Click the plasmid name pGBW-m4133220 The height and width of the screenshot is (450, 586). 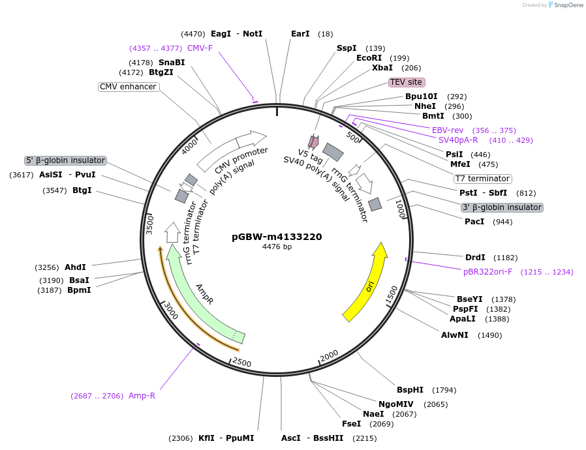click(x=277, y=237)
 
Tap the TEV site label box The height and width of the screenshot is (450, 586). click(x=407, y=82)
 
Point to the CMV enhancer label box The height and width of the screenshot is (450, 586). click(x=129, y=87)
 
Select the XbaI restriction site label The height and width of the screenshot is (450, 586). click(x=382, y=68)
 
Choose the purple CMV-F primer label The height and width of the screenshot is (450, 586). click(x=200, y=48)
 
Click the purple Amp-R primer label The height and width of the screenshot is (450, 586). click(x=142, y=396)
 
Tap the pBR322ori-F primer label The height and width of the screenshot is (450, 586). click(x=487, y=272)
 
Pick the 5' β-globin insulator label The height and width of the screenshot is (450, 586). click(x=65, y=160)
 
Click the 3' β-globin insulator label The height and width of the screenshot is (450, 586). click(x=502, y=207)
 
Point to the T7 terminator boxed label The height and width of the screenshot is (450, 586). click(x=483, y=179)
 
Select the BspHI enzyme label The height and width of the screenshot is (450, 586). click(x=410, y=390)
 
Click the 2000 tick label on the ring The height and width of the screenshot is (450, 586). click(x=328, y=355)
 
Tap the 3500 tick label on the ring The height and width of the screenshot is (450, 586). click(x=149, y=223)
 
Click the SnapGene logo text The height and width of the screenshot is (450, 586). click(x=568, y=5)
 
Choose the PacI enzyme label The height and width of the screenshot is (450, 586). click(x=474, y=222)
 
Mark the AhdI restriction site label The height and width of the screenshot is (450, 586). click(x=76, y=267)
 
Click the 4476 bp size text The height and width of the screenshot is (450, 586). click(x=277, y=247)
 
